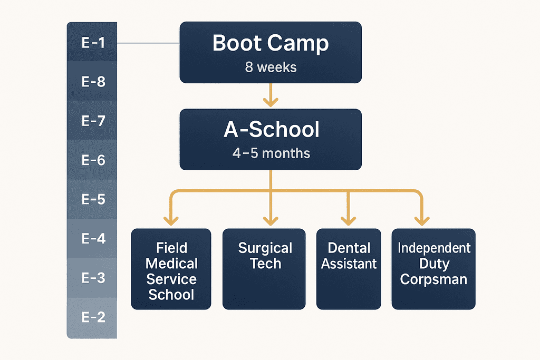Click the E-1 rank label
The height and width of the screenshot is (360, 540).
(93, 43)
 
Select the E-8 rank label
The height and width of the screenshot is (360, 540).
(93, 82)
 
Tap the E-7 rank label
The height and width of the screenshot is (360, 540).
(93, 121)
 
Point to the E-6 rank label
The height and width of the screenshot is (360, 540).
(93, 160)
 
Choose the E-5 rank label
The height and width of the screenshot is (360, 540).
(93, 199)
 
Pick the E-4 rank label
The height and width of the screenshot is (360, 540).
(93, 239)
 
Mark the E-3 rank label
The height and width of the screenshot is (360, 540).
(93, 278)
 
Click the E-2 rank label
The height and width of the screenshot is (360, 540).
(93, 317)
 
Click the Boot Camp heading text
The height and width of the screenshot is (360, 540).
(270, 44)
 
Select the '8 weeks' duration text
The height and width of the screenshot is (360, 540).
(270, 67)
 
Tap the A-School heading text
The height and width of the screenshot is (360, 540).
(271, 130)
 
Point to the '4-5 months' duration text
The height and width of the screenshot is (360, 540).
(271, 153)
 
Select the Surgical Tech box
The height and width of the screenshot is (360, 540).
(264, 269)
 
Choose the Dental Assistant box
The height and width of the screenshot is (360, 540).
(349, 269)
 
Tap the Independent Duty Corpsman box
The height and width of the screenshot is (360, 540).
(433, 269)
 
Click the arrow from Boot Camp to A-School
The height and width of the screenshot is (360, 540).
(271, 95)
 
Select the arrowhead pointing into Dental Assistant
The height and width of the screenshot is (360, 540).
(348, 220)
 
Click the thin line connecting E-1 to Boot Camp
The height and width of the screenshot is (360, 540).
(148, 43)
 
